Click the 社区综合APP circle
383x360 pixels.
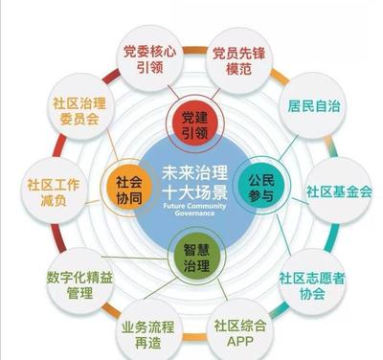click(234, 329)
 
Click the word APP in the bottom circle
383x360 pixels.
click(234, 340)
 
